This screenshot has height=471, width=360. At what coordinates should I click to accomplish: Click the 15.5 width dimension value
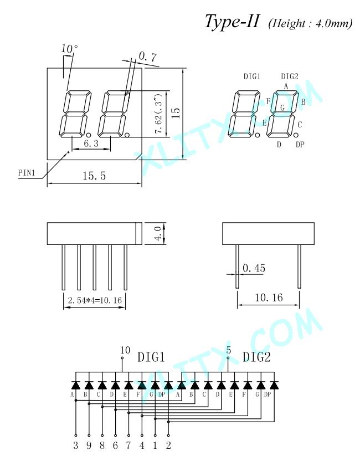94,176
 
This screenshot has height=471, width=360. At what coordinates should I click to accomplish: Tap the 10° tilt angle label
70,49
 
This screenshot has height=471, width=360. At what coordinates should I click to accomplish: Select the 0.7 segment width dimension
148,57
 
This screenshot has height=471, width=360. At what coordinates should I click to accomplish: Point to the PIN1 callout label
27,173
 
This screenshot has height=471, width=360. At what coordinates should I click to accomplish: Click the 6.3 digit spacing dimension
91,144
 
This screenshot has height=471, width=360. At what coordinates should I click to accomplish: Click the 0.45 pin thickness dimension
254,268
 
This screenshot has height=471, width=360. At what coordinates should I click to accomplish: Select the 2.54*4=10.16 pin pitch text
95,300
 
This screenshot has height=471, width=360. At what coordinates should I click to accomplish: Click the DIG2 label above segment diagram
290,76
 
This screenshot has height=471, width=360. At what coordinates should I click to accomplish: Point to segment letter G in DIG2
282,107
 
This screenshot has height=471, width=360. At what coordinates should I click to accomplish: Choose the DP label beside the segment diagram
300,145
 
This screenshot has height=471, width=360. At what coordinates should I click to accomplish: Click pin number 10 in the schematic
125,350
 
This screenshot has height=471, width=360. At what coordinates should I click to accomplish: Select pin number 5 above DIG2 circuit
229,350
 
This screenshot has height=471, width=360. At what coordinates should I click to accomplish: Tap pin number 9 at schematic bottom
89,445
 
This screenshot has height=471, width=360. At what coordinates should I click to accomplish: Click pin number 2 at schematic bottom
168,445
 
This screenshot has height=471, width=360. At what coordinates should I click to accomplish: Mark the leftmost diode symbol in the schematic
75,385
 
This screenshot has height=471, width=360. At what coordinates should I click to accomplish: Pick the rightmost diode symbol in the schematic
274,385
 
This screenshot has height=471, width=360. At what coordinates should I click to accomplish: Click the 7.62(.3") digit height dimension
158,113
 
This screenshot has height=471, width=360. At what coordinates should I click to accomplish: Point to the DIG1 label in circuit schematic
151,357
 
